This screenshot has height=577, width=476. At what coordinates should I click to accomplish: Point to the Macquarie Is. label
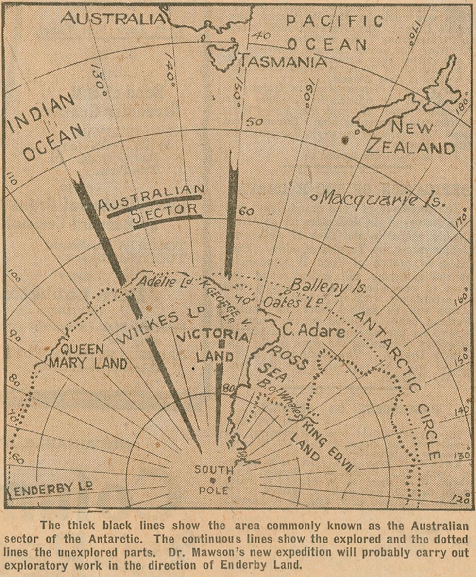378,199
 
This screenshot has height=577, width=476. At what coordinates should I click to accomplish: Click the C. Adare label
314,331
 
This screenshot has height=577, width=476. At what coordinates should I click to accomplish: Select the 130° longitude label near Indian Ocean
99,80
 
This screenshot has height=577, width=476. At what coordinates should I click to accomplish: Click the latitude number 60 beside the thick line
247,212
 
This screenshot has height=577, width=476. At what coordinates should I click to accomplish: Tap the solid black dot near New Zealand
345,140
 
